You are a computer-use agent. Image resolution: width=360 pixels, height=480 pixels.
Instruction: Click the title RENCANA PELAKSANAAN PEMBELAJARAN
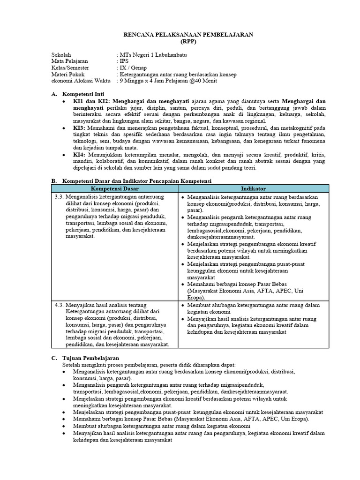(x=180, y=35)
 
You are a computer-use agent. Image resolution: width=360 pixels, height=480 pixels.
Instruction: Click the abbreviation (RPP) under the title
(x=180, y=41)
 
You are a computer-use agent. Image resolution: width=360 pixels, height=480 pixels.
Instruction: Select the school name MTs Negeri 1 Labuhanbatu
(x=153, y=55)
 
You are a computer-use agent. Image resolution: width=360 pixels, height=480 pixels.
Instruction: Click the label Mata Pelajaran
(x=69, y=61)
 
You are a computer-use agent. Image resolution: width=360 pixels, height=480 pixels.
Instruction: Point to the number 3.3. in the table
(x=59, y=197)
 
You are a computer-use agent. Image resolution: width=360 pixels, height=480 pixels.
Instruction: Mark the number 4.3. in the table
(x=59, y=304)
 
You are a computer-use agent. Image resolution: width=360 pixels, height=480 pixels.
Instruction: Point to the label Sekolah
(x=61, y=55)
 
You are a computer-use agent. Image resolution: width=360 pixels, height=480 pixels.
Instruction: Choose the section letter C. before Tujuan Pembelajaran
(x=54, y=358)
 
